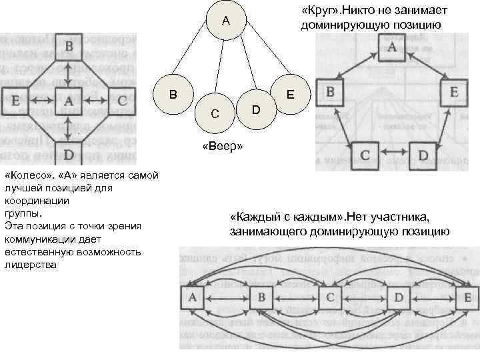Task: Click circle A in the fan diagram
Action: [226, 21]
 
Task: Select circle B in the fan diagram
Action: [173, 94]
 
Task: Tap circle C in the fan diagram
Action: [213, 113]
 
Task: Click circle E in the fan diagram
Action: [291, 95]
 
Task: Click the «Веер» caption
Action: [221, 147]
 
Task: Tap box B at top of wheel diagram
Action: [69, 48]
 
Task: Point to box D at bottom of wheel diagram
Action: [69, 155]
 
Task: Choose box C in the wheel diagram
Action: [122, 101]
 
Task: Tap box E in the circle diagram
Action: [453, 92]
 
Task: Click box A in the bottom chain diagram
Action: [193, 298]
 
